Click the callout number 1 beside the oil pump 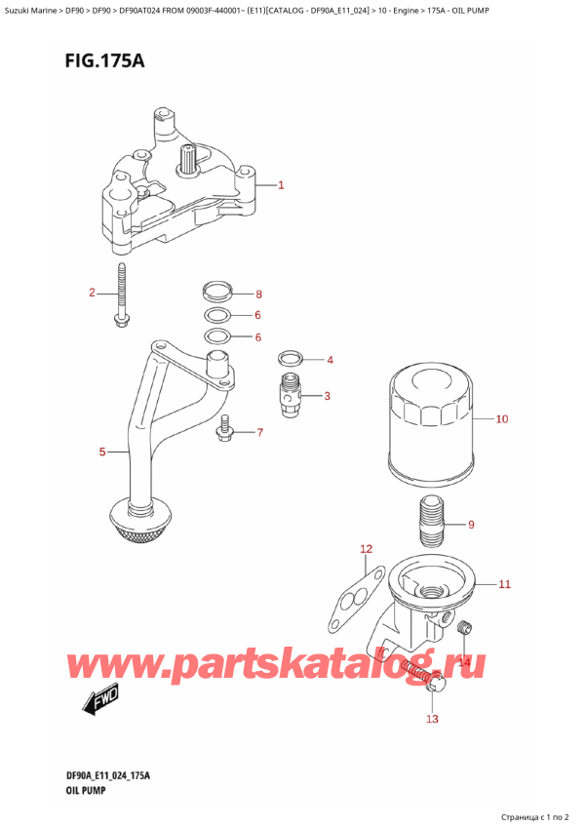click(x=281, y=184)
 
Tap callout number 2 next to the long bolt click(x=92, y=293)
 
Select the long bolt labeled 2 click(x=121, y=295)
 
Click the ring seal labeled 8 click(x=218, y=292)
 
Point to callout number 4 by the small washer click(x=331, y=360)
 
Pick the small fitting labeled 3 click(x=289, y=395)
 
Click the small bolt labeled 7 click(x=226, y=430)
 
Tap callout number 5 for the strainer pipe click(x=102, y=452)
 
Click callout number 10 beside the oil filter click(x=502, y=419)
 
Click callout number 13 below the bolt click(x=432, y=720)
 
